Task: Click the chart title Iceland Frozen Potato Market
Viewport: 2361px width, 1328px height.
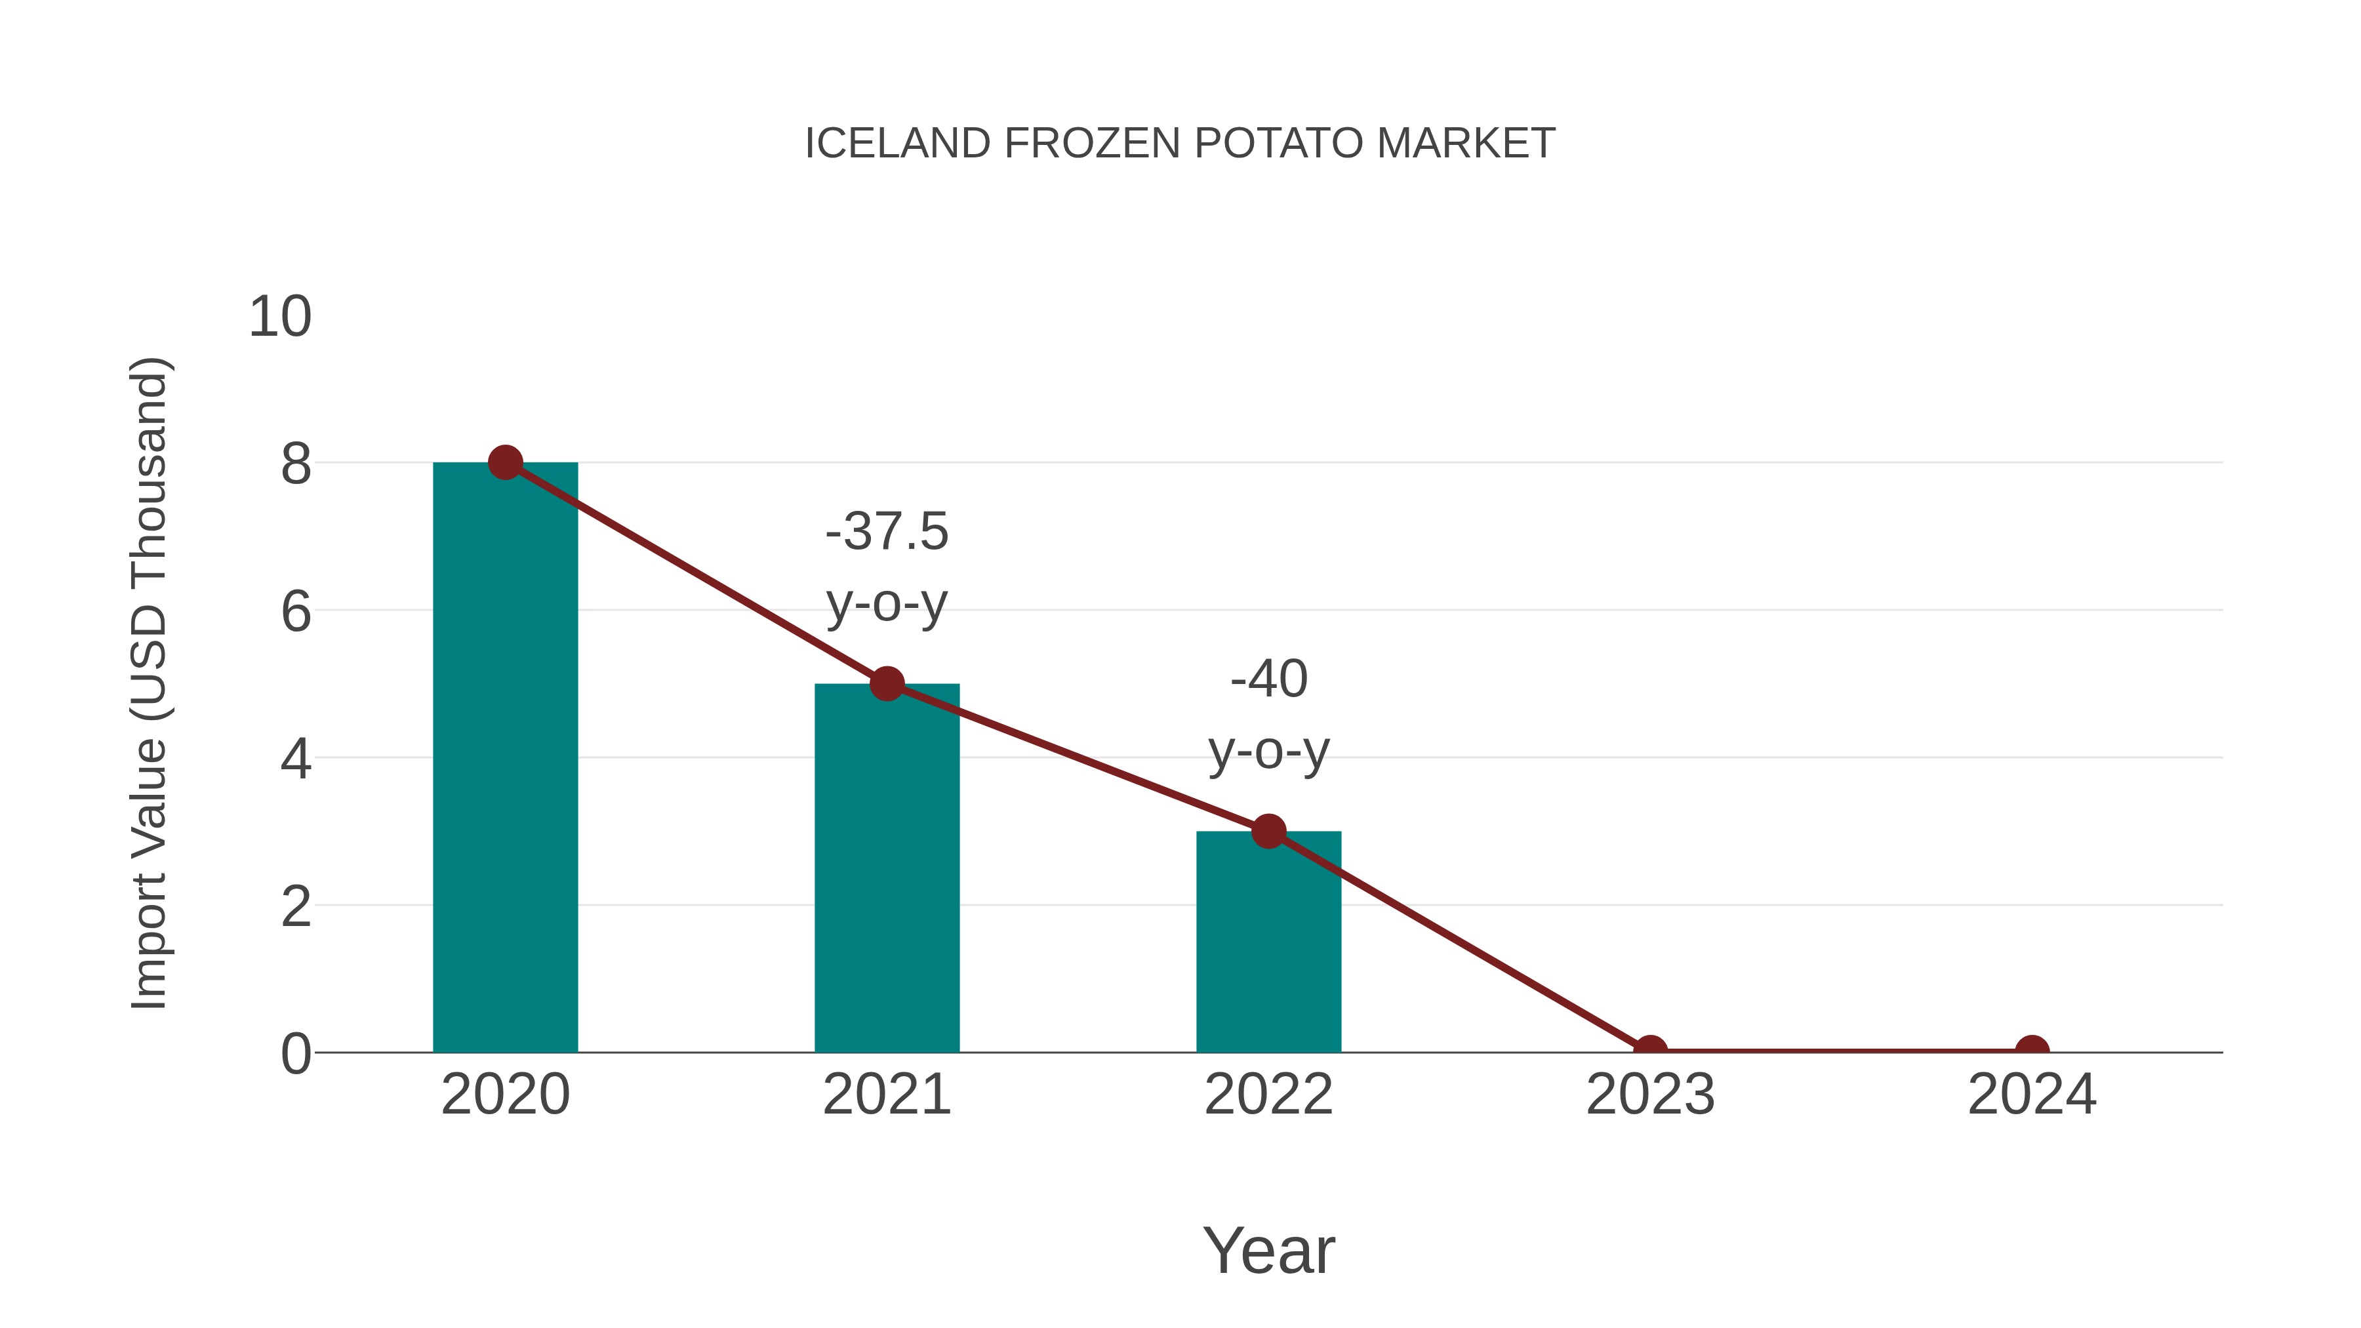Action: pyautogui.click(x=1180, y=144)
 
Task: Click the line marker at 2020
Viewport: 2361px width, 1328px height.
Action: pyautogui.click(x=505, y=463)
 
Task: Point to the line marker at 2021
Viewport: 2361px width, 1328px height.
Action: pyautogui.click(x=886, y=684)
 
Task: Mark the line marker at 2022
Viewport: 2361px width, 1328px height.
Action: pyautogui.click(x=1268, y=832)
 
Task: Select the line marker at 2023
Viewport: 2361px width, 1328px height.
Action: pyautogui.click(x=1650, y=1051)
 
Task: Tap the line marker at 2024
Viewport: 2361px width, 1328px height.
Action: pyautogui.click(x=2032, y=1051)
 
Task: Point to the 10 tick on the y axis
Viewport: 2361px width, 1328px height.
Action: pyautogui.click(x=281, y=317)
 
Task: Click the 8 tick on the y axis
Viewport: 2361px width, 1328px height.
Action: pyautogui.click(x=296, y=465)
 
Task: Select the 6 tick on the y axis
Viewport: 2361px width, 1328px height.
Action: pyautogui.click(x=296, y=611)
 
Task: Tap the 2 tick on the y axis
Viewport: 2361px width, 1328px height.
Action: pyautogui.click(x=296, y=906)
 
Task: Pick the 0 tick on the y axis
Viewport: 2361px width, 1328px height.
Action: pyautogui.click(x=296, y=1054)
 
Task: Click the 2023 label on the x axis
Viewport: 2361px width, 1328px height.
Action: pyautogui.click(x=1650, y=1095)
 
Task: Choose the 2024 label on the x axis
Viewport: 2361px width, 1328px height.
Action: pyautogui.click(x=2032, y=1095)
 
